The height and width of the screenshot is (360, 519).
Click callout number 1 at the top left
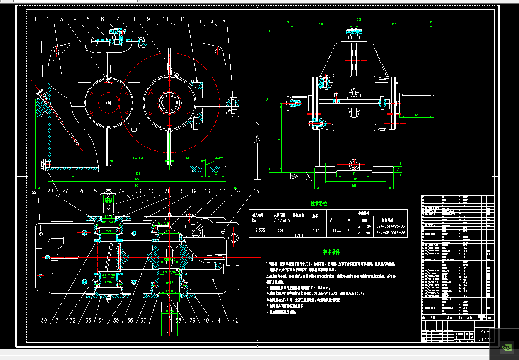click(x=36, y=19)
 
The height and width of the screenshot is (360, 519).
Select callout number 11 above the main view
click(x=183, y=19)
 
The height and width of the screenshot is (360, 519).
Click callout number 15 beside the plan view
click(x=257, y=191)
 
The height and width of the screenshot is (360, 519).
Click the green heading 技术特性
click(x=319, y=204)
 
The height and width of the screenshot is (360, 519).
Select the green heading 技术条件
click(x=331, y=252)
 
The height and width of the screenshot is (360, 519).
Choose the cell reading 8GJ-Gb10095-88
click(x=390, y=226)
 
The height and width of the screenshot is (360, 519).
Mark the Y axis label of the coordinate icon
click(x=258, y=124)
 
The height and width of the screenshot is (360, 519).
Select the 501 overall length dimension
click(x=137, y=185)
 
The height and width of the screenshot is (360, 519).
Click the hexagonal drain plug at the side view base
click(x=354, y=164)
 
